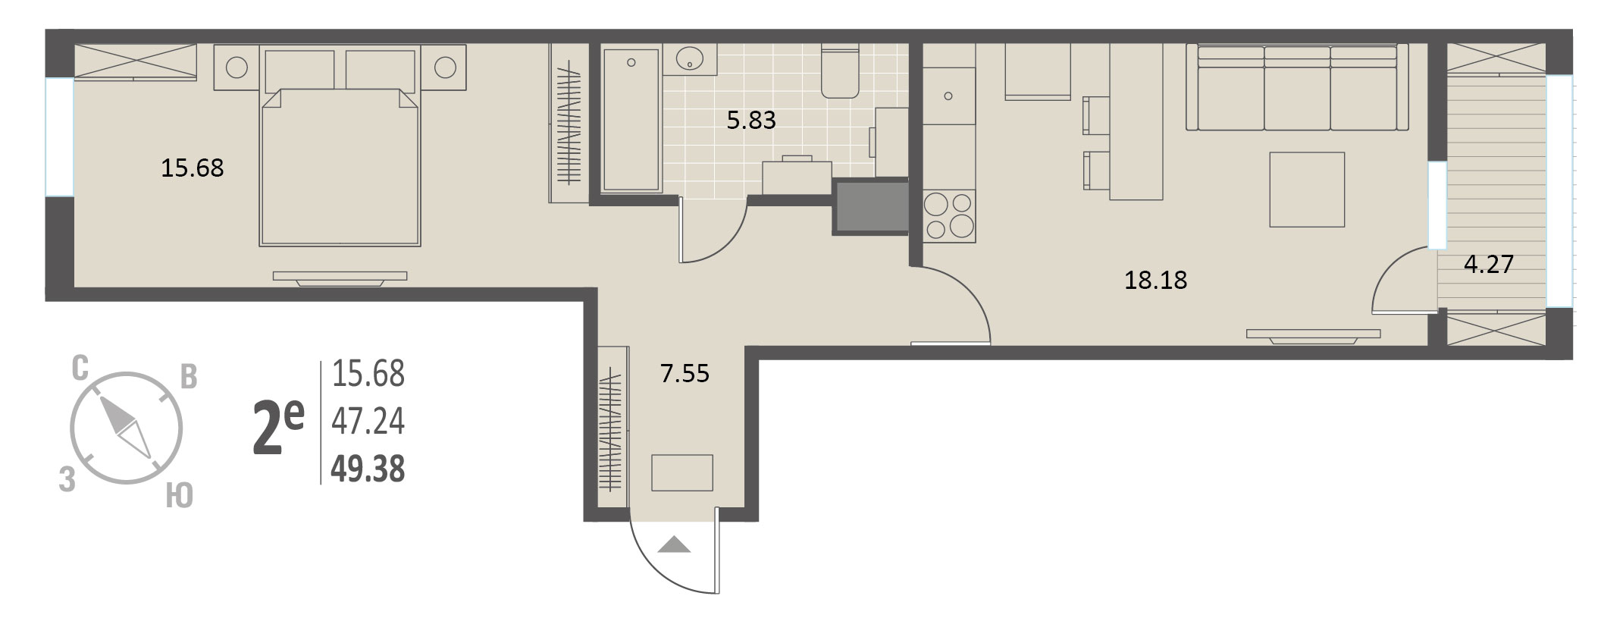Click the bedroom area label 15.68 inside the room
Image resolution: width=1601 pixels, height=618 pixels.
pos(193,168)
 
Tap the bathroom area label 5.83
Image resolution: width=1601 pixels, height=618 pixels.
pos(751,120)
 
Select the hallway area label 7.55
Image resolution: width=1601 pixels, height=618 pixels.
pos(685,373)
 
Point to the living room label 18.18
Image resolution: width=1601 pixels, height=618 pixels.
pos(1155,281)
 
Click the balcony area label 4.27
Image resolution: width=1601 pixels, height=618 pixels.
pos(1489,264)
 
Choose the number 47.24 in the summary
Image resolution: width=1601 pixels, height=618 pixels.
pos(368,422)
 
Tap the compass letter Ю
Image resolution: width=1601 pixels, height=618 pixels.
pos(179,497)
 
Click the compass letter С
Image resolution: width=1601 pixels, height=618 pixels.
pos(80,369)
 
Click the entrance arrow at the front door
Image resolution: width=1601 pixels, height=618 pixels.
pos(674,544)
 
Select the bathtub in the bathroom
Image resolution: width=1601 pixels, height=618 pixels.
pos(631,119)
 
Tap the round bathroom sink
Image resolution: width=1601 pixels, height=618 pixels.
pos(691,58)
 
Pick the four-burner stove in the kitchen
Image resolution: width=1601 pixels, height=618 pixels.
pos(948,216)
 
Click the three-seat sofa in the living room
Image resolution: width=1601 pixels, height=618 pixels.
pos(1297,87)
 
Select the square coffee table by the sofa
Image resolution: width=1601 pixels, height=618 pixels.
pos(1307,190)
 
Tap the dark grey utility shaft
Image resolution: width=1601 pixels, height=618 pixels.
pos(870,206)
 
